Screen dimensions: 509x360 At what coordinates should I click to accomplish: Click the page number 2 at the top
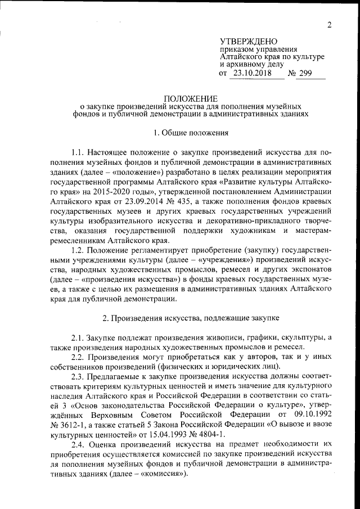330,24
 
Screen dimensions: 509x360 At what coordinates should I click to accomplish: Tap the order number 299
312,74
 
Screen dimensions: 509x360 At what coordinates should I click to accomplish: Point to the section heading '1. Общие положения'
191,133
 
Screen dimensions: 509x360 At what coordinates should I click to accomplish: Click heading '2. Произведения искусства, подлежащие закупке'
191,318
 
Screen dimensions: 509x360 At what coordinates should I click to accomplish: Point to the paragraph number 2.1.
79,337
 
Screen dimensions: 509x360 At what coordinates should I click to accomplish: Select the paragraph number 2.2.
79,357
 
